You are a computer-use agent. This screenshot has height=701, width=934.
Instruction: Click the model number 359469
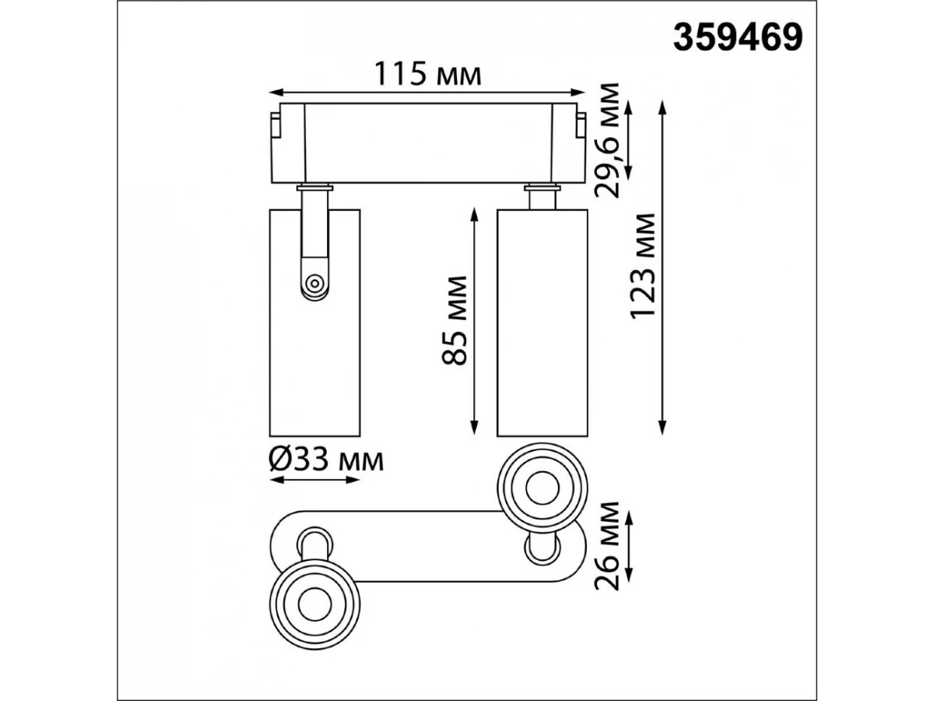point(737,37)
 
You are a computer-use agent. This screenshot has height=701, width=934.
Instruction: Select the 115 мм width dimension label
point(427,74)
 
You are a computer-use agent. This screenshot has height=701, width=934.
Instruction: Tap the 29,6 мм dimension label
point(607,140)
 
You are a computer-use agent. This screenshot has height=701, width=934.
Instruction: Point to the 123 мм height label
point(642,266)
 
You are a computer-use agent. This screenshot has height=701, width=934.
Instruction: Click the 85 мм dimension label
point(454,321)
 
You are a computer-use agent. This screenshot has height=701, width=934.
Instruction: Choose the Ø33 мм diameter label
point(326,460)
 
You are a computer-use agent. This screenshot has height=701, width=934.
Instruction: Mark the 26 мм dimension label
point(607,546)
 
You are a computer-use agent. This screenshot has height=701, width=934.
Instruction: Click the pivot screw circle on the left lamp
point(314,283)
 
